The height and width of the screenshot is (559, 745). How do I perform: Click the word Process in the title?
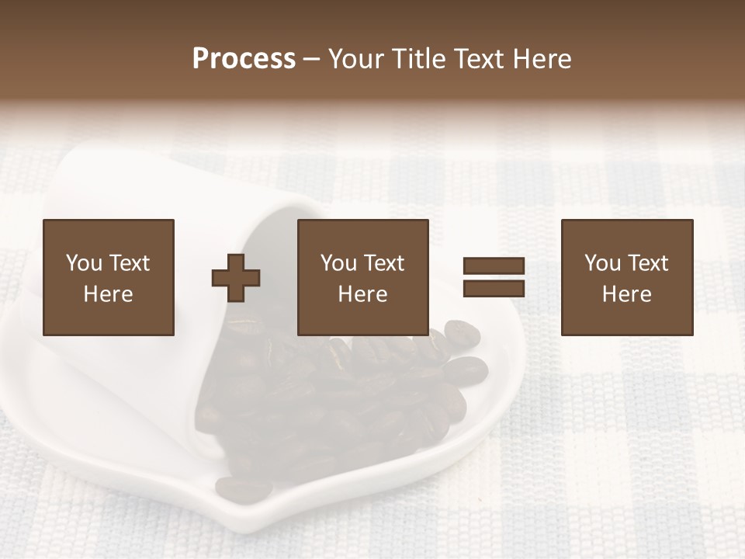(244, 59)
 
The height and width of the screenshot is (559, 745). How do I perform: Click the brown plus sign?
(236, 278)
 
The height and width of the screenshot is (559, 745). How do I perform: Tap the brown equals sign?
(494, 277)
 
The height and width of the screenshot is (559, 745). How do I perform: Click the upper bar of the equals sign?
(494, 266)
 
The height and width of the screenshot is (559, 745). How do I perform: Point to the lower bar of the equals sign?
(494, 288)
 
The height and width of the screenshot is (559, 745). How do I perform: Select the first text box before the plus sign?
(109, 277)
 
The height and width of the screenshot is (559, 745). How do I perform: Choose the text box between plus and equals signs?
(363, 277)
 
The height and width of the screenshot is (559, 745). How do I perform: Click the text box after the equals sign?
(627, 277)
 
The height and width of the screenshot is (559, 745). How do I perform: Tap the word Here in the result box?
(627, 294)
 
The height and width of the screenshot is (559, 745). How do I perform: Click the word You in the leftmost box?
(84, 263)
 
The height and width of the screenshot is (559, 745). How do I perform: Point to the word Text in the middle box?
(384, 263)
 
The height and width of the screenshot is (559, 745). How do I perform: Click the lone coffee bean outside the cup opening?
(243, 489)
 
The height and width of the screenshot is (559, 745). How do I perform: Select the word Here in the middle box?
(363, 294)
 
